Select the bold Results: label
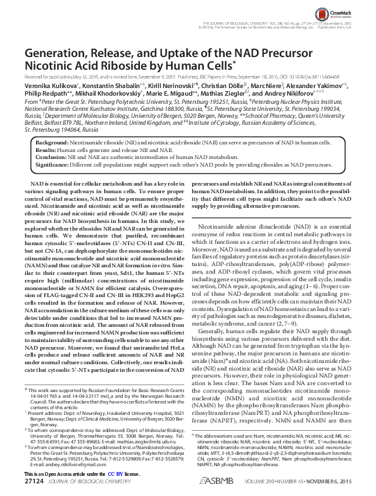click(45, 151)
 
